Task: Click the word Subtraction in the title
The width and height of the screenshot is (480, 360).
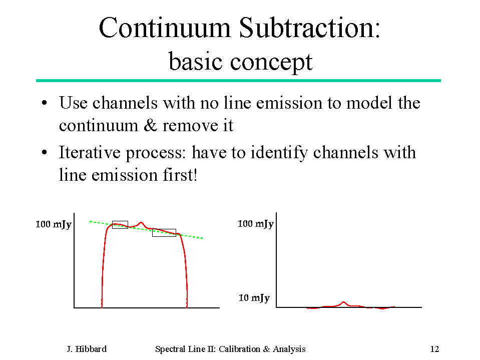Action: (x=309, y=28)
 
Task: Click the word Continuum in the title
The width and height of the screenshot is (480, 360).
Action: (x=165, y=28)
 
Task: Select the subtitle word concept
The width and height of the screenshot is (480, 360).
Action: (x=271, y=63)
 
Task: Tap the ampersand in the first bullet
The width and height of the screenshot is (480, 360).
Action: (x=150, y=125)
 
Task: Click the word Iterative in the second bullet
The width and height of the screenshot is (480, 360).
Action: (x=90, y=152)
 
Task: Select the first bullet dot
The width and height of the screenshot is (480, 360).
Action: (x=45, y=103)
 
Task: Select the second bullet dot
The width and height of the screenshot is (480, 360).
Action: (x=45, y=152)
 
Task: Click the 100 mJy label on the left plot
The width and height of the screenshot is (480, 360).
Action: (x=54, y=224)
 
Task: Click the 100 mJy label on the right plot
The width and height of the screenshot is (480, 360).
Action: (x=256, y=224)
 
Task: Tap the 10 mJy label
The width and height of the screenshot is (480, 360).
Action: (x=254, y=298)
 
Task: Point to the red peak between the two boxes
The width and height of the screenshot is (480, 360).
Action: (x=141, y=223)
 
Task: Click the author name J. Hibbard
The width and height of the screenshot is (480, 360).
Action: (x=87, y=349)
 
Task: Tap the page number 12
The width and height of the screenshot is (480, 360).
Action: (x=434, y=349)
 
